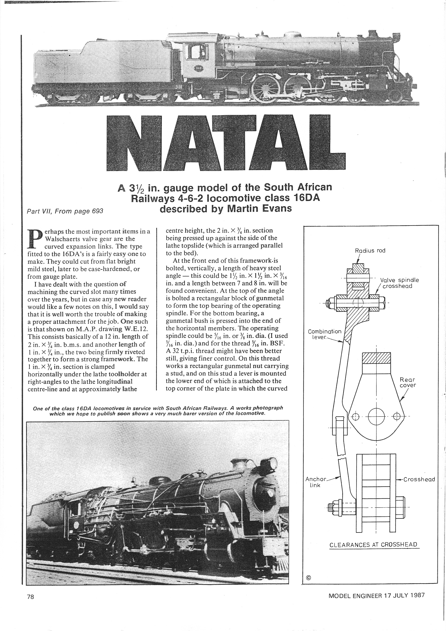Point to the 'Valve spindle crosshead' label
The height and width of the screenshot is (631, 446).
click(400, 283)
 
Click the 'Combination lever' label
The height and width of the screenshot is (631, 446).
click(324, 334)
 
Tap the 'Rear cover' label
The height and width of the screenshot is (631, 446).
click(408, 382)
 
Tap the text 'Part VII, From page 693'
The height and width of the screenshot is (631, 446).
click(65, 211)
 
